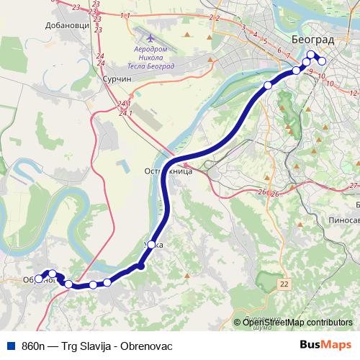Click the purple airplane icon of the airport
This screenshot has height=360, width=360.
click(x=149, y=37)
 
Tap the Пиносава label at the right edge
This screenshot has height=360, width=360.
click(x=343, y=220)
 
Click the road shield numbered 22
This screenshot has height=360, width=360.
click(x=284, y=285)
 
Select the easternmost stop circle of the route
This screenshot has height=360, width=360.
click(x=322, y=62)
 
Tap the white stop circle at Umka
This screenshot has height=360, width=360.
click(x=151, y=244)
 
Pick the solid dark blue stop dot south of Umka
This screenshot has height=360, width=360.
click(x=141, y=266)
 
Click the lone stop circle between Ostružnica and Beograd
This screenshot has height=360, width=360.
click(x=268, y=85)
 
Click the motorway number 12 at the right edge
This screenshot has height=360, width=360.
click(x=352, y=94)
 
